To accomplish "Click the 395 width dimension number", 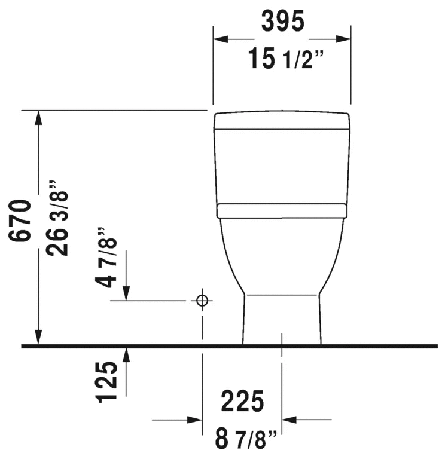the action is click(x=282, y=22).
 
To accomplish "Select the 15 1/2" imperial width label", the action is click(x=285, y=59).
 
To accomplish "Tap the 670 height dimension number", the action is click(x=20, y=221).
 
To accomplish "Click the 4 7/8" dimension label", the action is click(x=106, y=258).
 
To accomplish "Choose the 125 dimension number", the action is click(x=106, y=382).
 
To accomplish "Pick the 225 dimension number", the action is click(x=242, y=402).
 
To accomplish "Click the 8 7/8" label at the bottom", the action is click(x=245, y=439).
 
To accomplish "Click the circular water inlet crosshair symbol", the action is click(x=202, y=301).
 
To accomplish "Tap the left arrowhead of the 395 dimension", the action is click(x=220, y=39).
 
